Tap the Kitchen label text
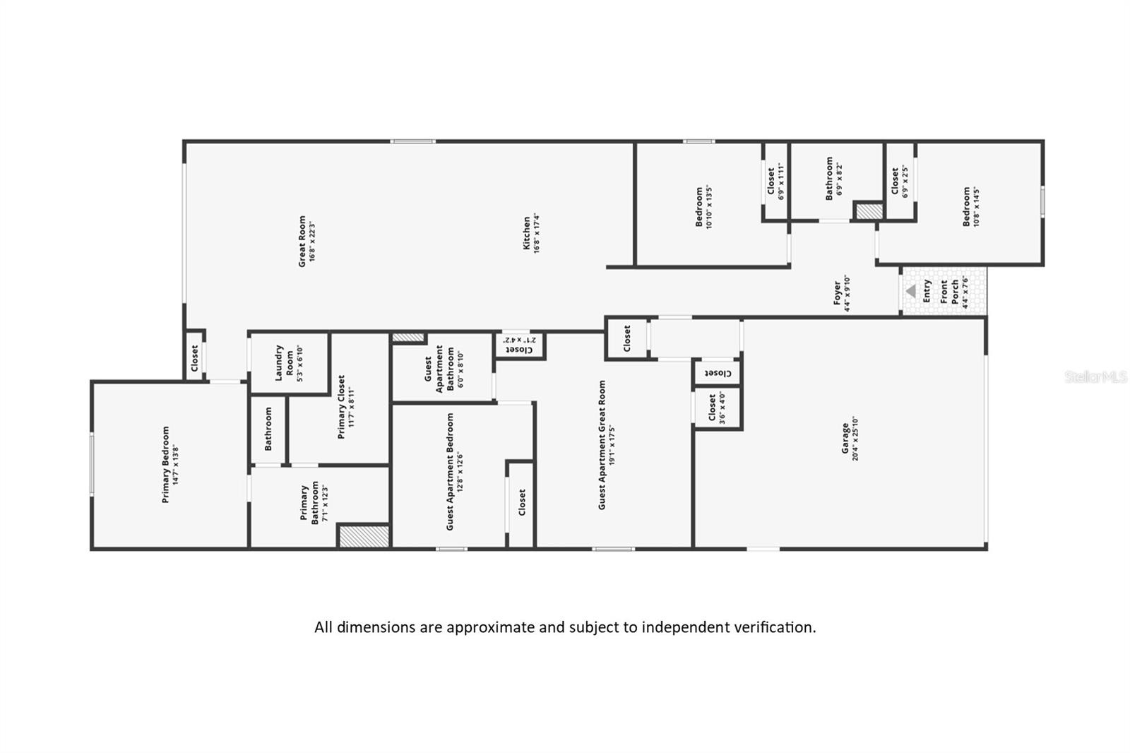[531, 234]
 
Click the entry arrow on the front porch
[910, 290]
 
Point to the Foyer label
[842, 294]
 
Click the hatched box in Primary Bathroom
[364, 535]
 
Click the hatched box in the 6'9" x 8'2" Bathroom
[869, 211]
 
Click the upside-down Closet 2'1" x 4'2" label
[520, 345]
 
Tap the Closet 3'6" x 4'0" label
[716, 408]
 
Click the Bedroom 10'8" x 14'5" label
[971, 207]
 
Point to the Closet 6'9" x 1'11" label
[775, 182]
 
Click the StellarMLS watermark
[1095, 377]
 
